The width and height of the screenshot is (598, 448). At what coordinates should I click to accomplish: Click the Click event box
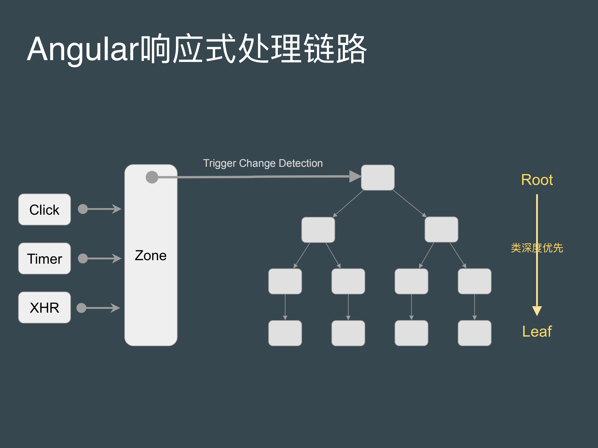(44, 209)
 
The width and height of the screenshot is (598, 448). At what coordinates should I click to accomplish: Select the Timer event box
(44, 259)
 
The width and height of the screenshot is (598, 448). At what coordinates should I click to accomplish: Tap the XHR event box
(44, 307)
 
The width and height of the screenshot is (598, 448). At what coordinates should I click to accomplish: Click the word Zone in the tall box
(150, 255)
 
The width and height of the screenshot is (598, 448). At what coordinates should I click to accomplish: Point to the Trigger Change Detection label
(263, 163)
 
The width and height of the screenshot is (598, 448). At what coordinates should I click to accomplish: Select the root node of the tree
(378, 177)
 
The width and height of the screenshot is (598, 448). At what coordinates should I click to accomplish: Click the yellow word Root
(537, 180)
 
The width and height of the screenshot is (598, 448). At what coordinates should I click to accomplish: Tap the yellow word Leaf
(537, 331)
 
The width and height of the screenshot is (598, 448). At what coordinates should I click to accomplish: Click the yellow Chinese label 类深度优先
(537, 248)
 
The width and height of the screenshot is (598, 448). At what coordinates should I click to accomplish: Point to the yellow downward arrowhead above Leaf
(537, 311)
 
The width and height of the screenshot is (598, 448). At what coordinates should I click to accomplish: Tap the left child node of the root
(318, 230)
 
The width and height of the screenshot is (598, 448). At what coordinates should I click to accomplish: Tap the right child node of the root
(441, 230)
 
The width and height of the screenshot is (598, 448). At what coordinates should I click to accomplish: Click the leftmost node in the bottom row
(285, 333)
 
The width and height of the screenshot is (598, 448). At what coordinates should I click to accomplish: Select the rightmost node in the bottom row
(474, 333)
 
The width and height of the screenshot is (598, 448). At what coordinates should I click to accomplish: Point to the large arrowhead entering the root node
(355, 176)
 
